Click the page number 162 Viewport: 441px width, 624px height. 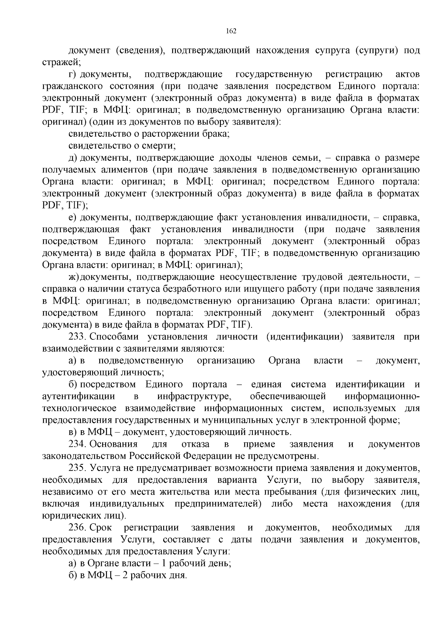pos(230,31)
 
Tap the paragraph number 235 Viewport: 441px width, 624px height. pos(77,468)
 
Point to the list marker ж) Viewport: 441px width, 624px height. pos(73,277)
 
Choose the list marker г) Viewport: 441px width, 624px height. pos(72,75)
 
